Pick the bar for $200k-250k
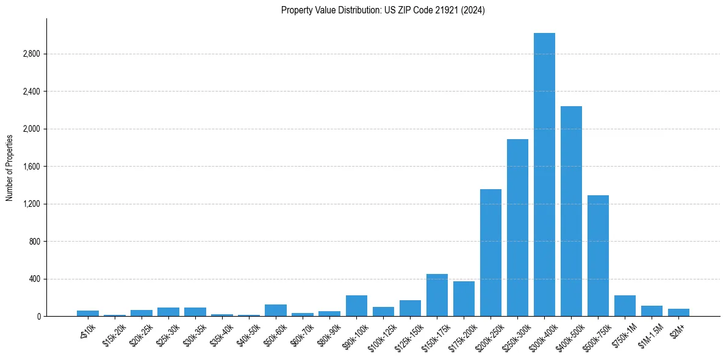(491, 253)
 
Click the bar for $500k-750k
(598, 256)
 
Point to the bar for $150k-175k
(437, 295)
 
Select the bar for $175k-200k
(464, 299)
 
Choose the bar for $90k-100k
(356, 306)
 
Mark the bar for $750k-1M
(625, 306)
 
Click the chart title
(383, 10)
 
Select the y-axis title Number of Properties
(10, 168)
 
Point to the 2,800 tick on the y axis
(31, 54)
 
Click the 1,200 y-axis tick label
(31, 204)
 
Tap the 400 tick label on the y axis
(34, 279)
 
